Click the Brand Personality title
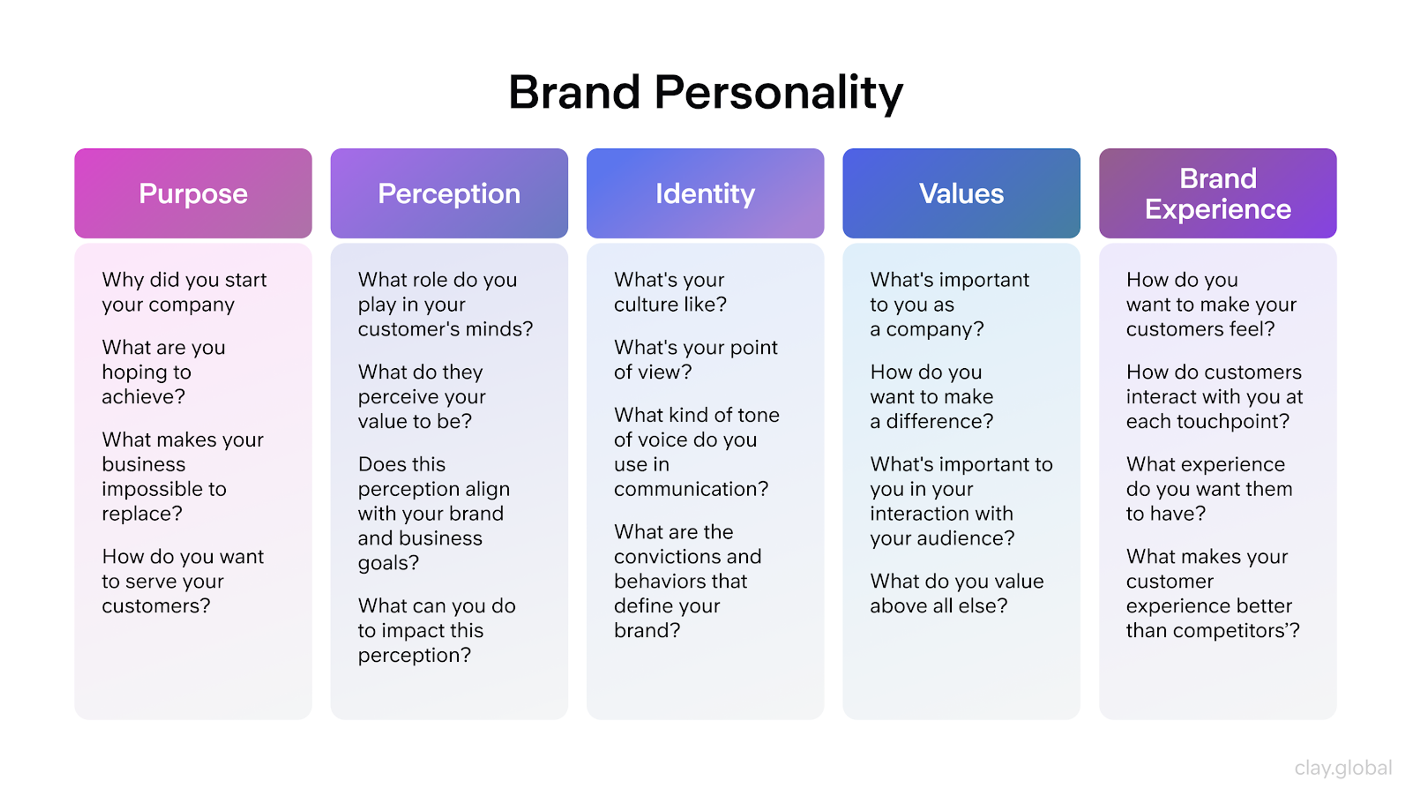pyautogui.click(x=705, y=93)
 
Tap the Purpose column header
pyautogui.click(x=193, y=193)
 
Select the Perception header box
pyautogui.click(x=449, y=193)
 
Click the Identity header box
pyautogui.click(x=705, y=193)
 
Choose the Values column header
pyautogui.click(x=961, y=193)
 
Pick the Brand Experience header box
pyautogui.click(x=1218, y=193)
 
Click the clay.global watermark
pyautogui.click(x=1343, y=768)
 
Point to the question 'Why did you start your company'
pyautogui.click(x=184, y=292)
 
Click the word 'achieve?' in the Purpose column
pyautogui.click(x=144, y=396)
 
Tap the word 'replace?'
pyautogui.click(x=142, y=514)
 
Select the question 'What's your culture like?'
pyautogui.click(x=670, y=292)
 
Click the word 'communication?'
pyautogui.click(x=691, y=489)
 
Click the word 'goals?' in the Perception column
pyautogui.click(x=388, y=563)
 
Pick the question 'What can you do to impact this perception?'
pyautogui.click(x=437, y=630)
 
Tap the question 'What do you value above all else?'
pyautogui.click(x=956, y=593)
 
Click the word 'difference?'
pyautogui.click(x=940, y=421)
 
